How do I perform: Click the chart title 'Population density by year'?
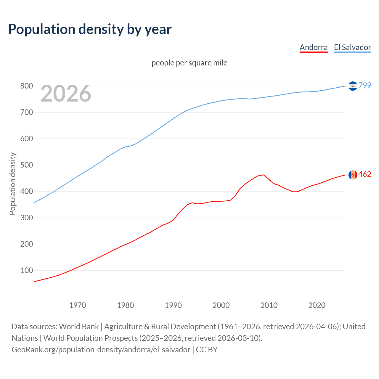click(x=90, y=29)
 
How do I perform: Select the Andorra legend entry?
click(x=314, y=47)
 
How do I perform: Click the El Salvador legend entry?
click(x=352, y=47)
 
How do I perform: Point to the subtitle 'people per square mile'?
click(x=189, y=63)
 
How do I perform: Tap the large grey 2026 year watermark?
click(x=66, y=94)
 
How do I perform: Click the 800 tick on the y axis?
click(x=26, y=86)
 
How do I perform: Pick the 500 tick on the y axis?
click(x=26, y=165)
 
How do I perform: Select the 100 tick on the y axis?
click(x=26, y=271)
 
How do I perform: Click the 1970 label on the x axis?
click(x=78, y=305)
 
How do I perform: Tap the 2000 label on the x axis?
click(x=221, y=305)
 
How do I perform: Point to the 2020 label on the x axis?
click(x=317, y=305)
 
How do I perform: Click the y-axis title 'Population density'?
click(x=12, y=184)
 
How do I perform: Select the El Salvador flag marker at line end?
click(x=353, y=86)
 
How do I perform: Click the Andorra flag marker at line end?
click(x=353, y=175)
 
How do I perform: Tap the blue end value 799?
click(x=365, y=85)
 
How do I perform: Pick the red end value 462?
click(x=365, y=174)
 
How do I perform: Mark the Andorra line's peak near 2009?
click(x=264, y=175)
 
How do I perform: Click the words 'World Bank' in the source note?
click(x=79, y=327)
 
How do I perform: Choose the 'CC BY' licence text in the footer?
click(x=207, y=350)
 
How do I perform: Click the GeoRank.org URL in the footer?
click(x=101, y=350)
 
